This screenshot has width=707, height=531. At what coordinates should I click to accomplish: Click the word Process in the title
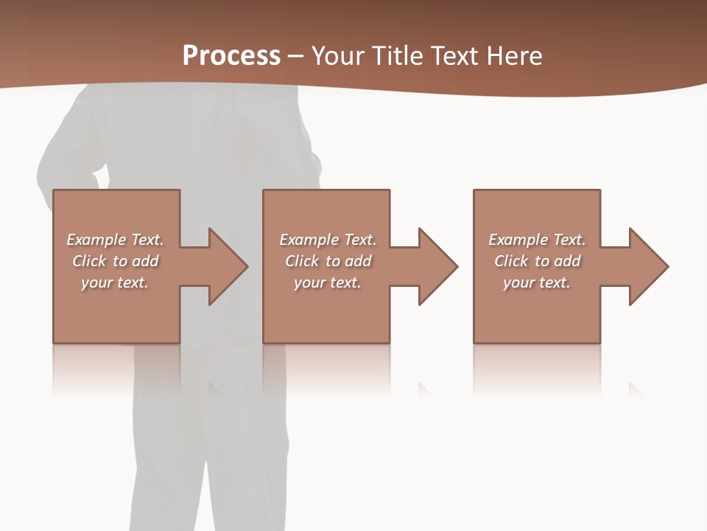pyautogui.click(x=231, y=56)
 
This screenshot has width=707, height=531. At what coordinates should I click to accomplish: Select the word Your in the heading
pyautogui.click(x=337, y=56)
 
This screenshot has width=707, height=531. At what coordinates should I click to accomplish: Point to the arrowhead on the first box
pyautogui.click(x=224, y=266)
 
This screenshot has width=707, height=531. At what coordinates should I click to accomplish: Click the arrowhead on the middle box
pyautogui.click(x=435, y=266)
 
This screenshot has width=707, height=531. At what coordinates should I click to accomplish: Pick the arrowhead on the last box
pyautogui.click(x=645, y=266)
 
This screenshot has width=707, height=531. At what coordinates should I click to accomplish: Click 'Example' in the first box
pyautogui.click(x=96, y=240)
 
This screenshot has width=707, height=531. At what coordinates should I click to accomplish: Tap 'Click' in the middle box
pyautogui.click(x=302, y=261)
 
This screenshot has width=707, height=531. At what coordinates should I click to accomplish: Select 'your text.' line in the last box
pyautogui.click(x=536, y=282)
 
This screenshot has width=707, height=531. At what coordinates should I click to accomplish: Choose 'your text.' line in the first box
pyautogui.click(x=115, y=282)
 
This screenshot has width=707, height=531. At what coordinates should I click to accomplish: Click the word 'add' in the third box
pyautogui.click(x=567, y=261)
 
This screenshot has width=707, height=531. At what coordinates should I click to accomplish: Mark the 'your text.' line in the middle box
pyautogui.click(x=327, y=282)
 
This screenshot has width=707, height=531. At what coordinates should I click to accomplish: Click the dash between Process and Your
pyautogui.click(x=295, y=56)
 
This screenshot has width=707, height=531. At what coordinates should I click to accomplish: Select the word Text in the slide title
pyautogui.click(x=452, y=56)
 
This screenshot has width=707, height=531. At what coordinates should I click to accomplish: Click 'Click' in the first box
pyautogui.click(x=89, y=261)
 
